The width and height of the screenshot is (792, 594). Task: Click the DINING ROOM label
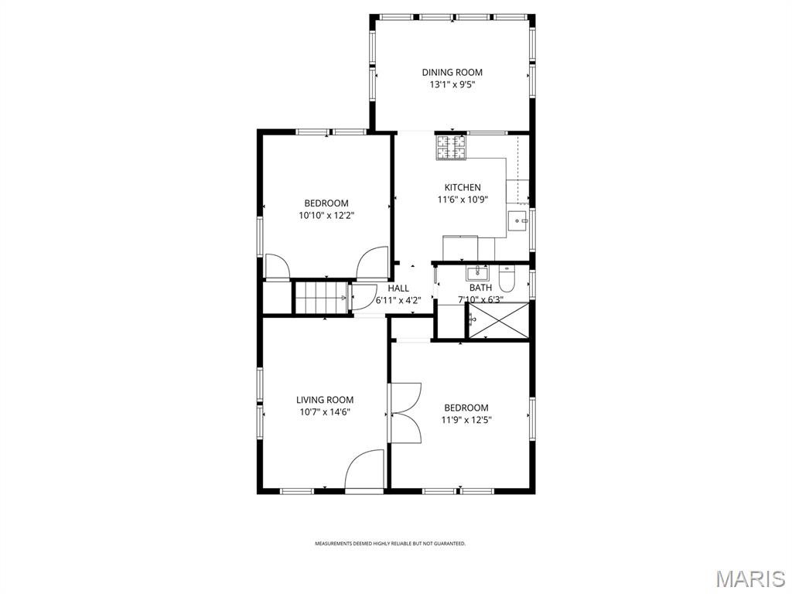click(452, 73)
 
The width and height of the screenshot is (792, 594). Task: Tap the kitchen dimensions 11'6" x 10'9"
click(463, 200)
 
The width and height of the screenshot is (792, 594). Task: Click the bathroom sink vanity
click(478, 273)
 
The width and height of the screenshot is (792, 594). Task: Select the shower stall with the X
click(500, 320)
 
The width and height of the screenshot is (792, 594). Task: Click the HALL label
click(399, 288)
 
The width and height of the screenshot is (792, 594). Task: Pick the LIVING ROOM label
click(325, 400)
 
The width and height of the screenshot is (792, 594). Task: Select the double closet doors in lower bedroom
click(405, 413)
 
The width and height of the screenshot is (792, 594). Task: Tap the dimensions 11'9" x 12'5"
click(466, 420)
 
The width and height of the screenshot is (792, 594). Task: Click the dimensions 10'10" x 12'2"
click(326, 216)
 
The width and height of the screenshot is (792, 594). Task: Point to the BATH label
click(480, 288)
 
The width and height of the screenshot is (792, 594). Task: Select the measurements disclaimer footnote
click(390, 544)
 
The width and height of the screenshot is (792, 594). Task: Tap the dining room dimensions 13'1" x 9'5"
click(452, 85)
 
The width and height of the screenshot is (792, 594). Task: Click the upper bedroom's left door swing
click(276, 266)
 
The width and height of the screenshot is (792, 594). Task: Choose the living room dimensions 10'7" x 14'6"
click(325, 412)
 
